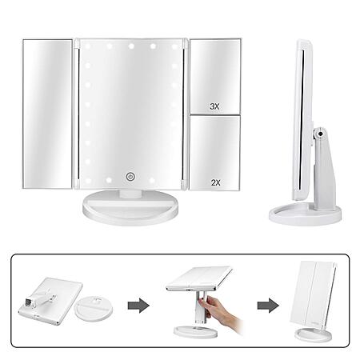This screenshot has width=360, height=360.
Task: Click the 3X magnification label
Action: [214, 106]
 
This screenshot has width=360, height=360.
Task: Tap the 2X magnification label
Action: [216, 182]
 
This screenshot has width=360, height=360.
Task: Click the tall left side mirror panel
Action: [48, 114]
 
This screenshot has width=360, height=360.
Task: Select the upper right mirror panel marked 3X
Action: [215, 77]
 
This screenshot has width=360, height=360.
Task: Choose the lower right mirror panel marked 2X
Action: [214, 153]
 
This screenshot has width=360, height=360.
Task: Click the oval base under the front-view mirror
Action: [130, 207]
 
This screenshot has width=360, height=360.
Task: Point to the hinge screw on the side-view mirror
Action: [320, 134]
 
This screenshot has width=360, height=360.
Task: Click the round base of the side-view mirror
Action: [305, 214]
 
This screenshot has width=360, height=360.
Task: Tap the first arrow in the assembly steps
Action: [138, 306]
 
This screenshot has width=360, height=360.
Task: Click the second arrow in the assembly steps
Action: [268, 306]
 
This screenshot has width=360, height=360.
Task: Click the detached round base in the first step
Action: [94, 309]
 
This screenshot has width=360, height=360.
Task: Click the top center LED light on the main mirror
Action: [131, 46]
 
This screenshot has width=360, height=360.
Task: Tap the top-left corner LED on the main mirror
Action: [87, 46]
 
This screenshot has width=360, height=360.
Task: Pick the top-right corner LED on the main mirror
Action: [174, 46]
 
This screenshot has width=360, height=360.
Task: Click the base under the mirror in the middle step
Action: [196, 330]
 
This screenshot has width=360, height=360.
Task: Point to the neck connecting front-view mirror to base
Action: [130, 194]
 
